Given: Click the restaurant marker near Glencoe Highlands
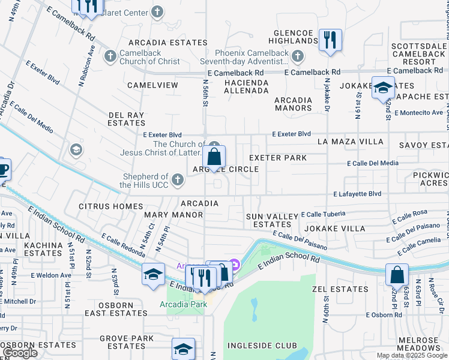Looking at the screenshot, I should [330, 40].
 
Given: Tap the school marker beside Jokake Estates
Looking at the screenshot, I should [382, 88].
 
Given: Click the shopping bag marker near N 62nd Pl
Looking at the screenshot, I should [397, 275].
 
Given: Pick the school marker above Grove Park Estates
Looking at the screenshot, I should [184, 349].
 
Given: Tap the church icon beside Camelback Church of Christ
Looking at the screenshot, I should [110, 56].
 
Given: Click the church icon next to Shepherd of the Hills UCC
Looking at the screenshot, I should [177, 179].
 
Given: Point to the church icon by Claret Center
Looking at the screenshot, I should [157, 11].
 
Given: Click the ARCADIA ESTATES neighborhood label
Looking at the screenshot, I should [167, 43].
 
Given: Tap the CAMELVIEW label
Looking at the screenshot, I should [152, 85].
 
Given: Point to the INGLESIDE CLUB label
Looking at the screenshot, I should [262, 346].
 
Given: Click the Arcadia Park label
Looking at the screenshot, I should [183, 305].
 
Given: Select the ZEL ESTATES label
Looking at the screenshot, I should [340, 289].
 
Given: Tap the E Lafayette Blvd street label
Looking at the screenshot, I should [357, 194].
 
